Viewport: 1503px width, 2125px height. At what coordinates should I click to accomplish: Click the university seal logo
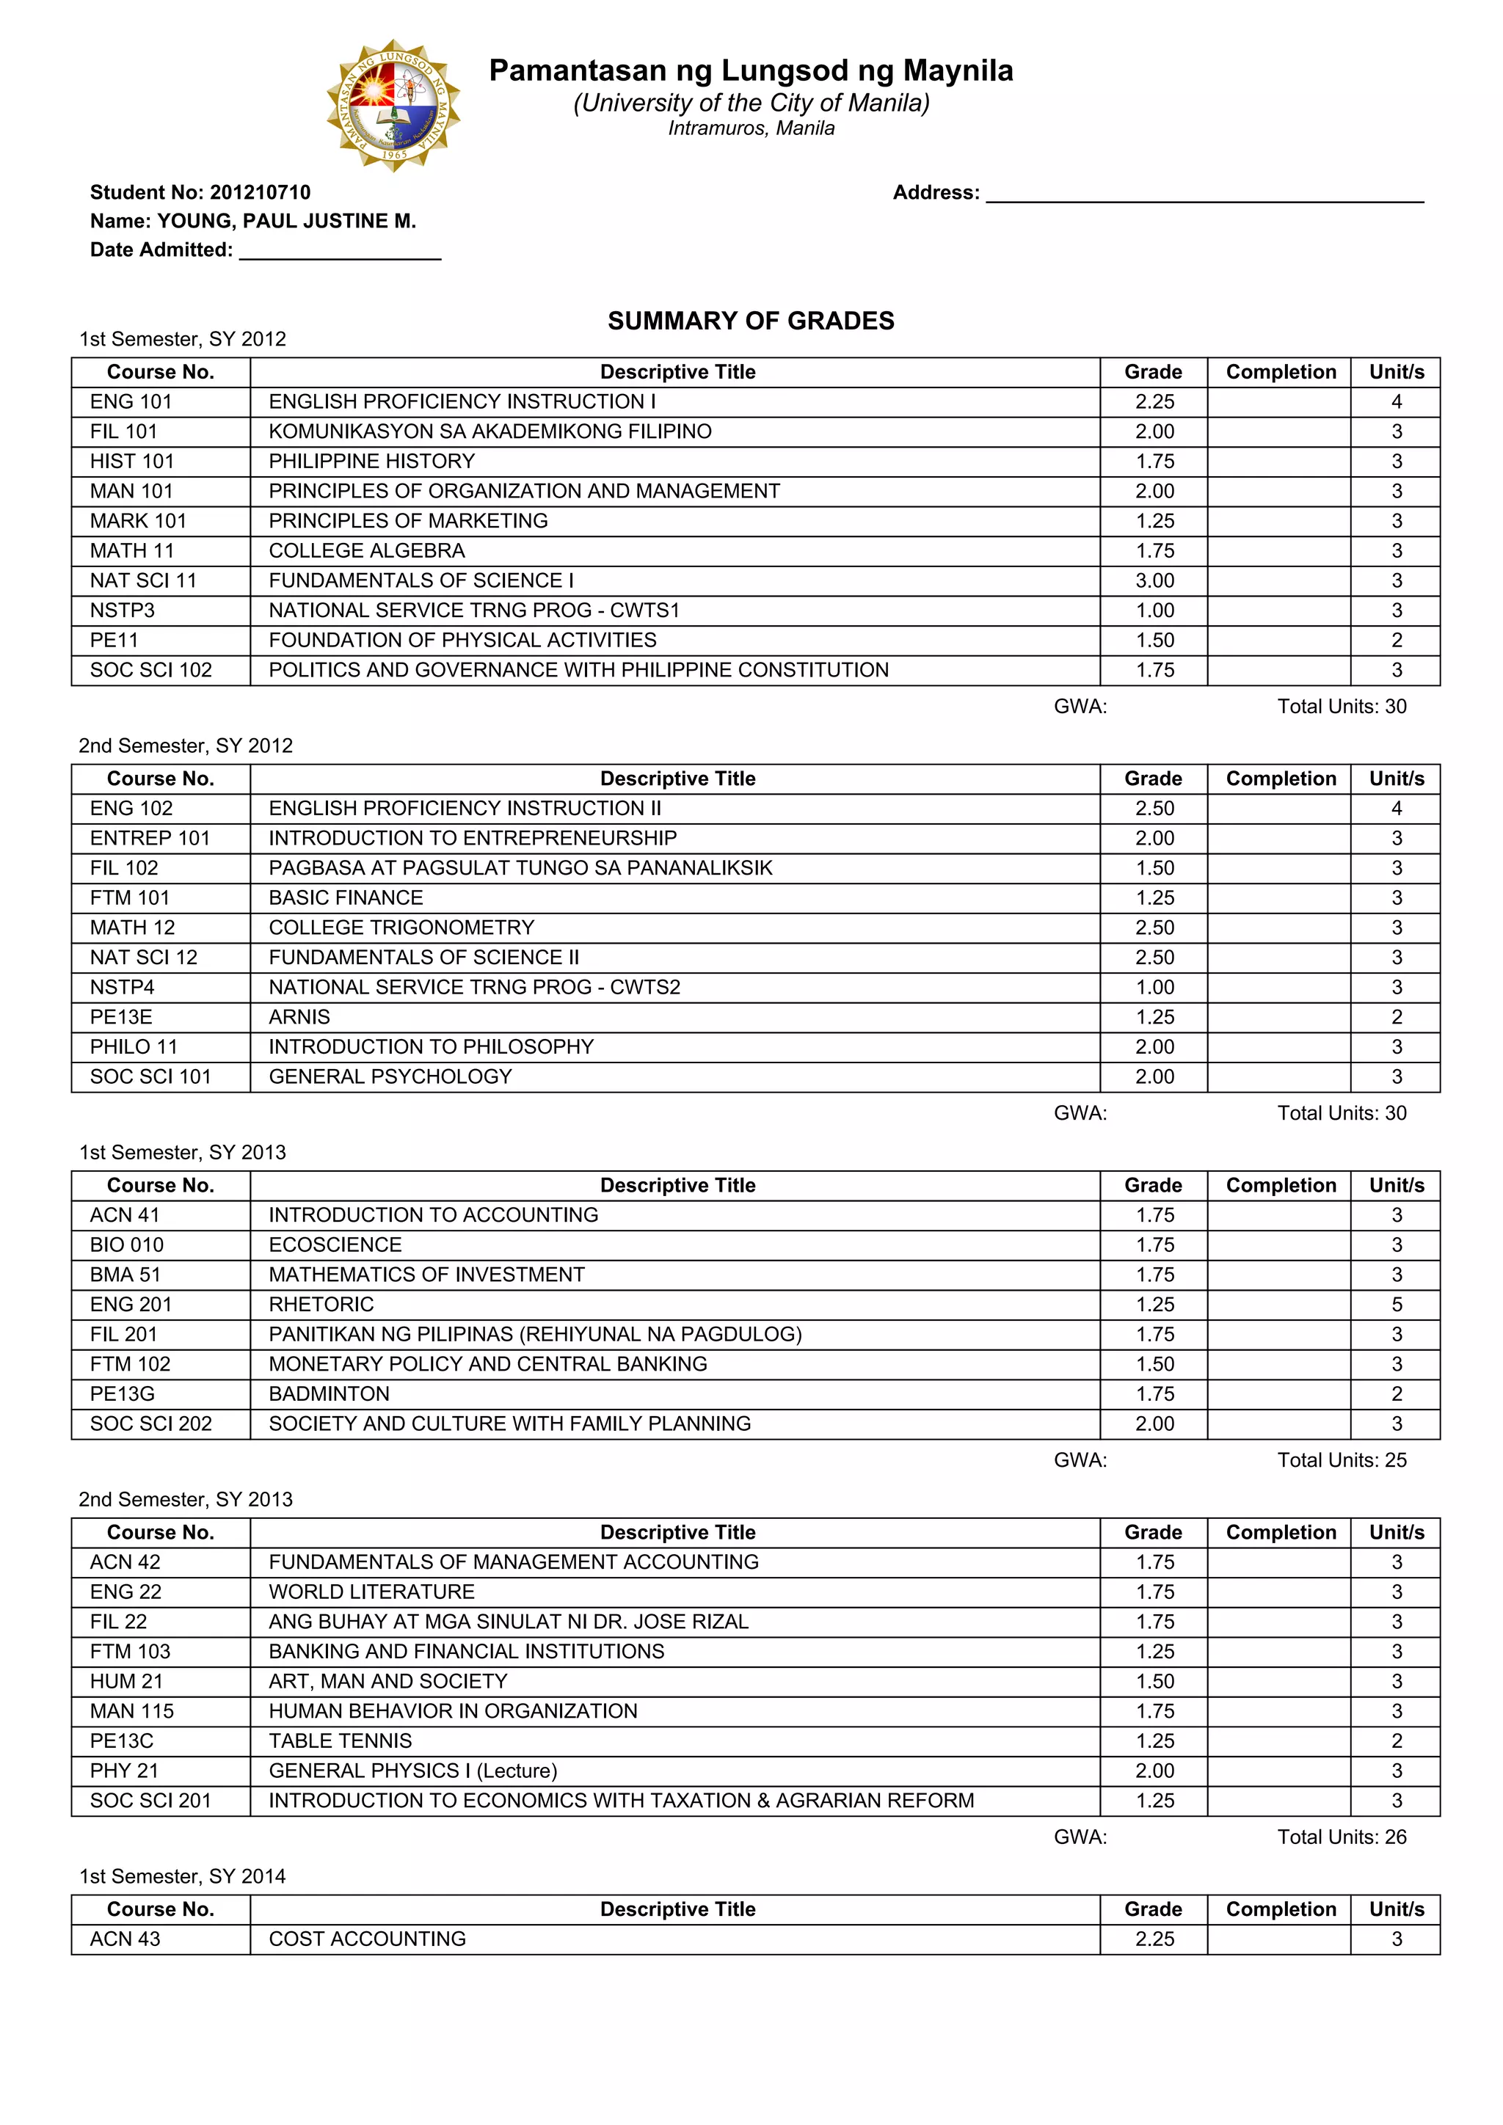coord(393,105)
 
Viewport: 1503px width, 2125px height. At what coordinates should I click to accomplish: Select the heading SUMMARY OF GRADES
coord(751,321)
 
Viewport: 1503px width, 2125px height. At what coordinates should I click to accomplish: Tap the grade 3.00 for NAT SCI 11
coord(1154,580)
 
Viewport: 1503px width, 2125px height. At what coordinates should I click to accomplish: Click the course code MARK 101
coord(138,521)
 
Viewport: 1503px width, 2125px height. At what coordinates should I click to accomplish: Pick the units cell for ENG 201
coord(1396,1304)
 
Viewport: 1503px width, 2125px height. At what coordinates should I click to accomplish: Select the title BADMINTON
coord(329,1394)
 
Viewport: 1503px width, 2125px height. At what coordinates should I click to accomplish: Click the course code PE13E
coord(120,1017)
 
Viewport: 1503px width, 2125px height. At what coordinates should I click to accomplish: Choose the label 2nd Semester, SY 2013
coord(185,1499)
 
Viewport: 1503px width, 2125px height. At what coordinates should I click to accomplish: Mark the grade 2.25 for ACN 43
coord(1154,1939)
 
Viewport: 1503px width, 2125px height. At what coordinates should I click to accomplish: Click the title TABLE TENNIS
coord(340,1741)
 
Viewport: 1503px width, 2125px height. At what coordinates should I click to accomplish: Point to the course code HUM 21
coord(126,1681)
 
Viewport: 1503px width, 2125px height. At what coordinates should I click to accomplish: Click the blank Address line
coord(1204,194)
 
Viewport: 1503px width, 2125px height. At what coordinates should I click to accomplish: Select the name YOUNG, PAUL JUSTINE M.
coord(286,221)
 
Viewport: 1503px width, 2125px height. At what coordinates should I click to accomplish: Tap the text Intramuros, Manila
coord(751,128)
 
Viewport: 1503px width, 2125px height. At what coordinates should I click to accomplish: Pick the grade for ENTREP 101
coord(1154,839)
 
